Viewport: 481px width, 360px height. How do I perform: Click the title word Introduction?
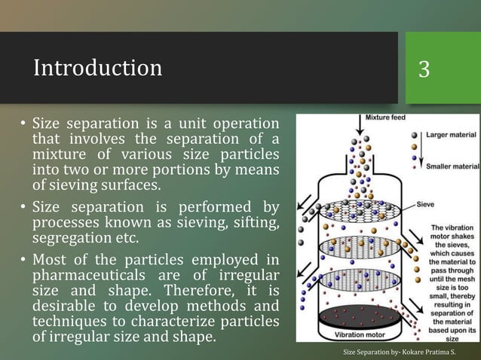click(97, 69)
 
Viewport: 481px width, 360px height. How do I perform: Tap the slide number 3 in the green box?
click(424, 69)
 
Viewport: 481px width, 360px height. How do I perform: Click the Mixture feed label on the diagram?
click(388, 119)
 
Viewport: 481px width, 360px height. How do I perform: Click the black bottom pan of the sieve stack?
click(358, 315)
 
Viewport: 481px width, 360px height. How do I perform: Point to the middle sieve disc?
click(358, 246)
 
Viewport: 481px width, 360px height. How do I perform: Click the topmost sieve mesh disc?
click(358, 212)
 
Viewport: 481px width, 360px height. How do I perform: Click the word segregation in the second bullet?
click(72, 239)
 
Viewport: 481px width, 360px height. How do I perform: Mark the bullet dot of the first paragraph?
click(23, 124)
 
